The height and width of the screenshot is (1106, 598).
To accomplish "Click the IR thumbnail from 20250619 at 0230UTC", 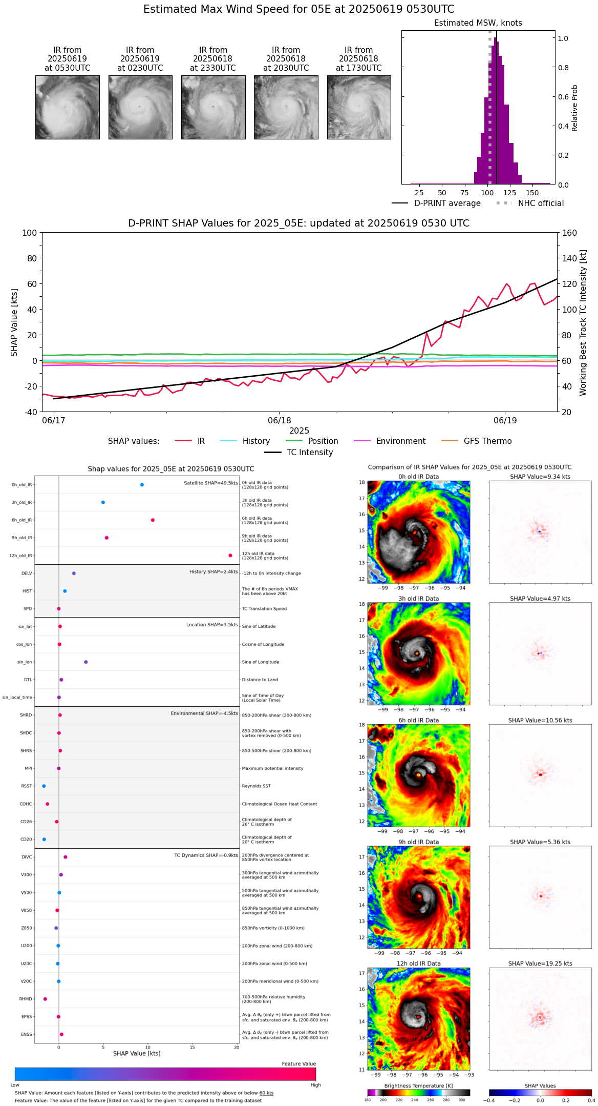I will pos(140,107).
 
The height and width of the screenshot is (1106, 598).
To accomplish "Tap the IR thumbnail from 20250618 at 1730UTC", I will pos(359,107).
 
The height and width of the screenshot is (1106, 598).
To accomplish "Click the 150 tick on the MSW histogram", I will pos(532,193).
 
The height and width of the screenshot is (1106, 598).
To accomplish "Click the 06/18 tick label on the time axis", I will pos(280,420).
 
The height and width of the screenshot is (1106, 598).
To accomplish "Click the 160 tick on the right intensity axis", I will pos(569,233).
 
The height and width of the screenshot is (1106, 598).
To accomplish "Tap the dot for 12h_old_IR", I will pos(230,556).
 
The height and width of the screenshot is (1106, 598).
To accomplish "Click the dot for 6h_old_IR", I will pos(153,520).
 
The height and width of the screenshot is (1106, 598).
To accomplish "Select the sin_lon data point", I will pos(86,662).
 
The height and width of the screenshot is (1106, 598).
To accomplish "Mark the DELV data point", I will pos(74,574).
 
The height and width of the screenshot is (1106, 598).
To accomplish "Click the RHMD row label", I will pos(26,999).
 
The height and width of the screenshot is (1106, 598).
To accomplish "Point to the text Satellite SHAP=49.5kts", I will pos(211,483).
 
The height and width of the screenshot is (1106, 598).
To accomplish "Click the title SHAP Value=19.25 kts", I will pos(540,964).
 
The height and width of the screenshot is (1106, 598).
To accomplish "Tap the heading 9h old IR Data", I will pos(418,842).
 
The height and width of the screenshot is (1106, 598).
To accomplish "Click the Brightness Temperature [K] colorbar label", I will pos(418,1085).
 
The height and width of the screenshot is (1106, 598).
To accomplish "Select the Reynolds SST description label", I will pos(256,786).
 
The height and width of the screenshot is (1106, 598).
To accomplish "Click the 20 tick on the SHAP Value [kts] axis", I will pos(237,1047).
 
